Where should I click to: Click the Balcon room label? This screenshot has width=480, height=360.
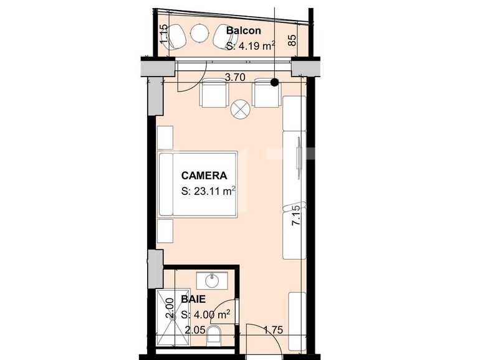coord(244,31)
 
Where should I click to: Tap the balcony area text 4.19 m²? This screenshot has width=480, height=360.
coord(250,45)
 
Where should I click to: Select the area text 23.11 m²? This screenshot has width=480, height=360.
coord(208,192)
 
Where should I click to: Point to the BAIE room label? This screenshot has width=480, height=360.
coord(193,300)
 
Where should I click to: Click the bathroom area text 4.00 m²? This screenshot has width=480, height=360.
coord(206,315)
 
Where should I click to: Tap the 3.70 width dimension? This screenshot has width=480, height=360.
coord(234,78)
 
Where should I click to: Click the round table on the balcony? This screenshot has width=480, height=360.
coord(201,32)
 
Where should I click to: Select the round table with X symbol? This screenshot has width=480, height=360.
coord(240,110)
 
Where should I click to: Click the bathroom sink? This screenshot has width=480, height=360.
coord(212,281)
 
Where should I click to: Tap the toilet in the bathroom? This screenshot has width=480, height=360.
coord(214,336)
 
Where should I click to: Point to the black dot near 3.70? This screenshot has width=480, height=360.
coord(274,82)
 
